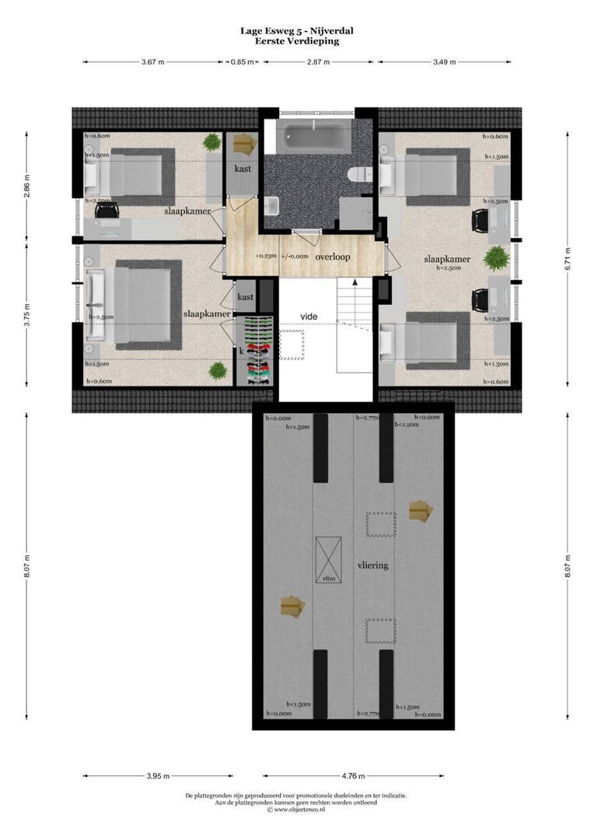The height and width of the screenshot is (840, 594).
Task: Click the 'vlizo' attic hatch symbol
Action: pos(327,561)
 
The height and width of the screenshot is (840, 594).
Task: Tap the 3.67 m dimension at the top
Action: pos(153,62)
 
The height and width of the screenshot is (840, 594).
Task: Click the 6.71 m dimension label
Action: pos(568,257)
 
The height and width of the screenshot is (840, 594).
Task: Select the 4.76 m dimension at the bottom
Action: pos(353,775)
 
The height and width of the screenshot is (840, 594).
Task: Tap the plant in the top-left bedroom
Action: pos(211,142)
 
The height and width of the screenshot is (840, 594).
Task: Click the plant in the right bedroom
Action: pos(494,257)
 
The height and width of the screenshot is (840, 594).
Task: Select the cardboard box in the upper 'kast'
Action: pos(244,143)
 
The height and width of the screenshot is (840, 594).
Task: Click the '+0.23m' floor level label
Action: pos(265,256)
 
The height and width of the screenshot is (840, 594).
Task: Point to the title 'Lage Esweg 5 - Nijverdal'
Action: pos(297,31)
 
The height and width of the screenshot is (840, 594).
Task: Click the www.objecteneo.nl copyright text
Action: pos(296,810)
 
